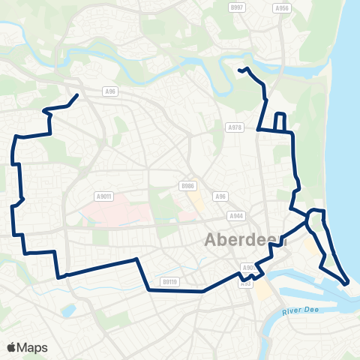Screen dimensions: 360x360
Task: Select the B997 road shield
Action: click(x=237, y=7)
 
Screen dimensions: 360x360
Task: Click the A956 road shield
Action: click(x=282, y=8)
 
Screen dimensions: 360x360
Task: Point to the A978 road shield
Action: click(x=235, y=127)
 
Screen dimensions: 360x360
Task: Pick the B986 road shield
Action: click(x=187, y=185)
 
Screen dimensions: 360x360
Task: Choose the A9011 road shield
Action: click(x=103, y=196)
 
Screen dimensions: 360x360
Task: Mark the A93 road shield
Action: click(x=245, y=283)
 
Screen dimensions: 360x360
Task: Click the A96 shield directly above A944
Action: click(x=220, y=196)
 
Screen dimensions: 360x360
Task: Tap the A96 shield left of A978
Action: click(x=110, y=91)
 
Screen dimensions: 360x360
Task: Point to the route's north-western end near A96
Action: click(x=77, y=95)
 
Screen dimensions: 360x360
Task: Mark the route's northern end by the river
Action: click(x=240, y=70)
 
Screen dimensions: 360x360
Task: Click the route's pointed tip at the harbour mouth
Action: click(x=347, y=283)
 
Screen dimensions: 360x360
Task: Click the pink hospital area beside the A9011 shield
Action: click(x=120, y=214)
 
